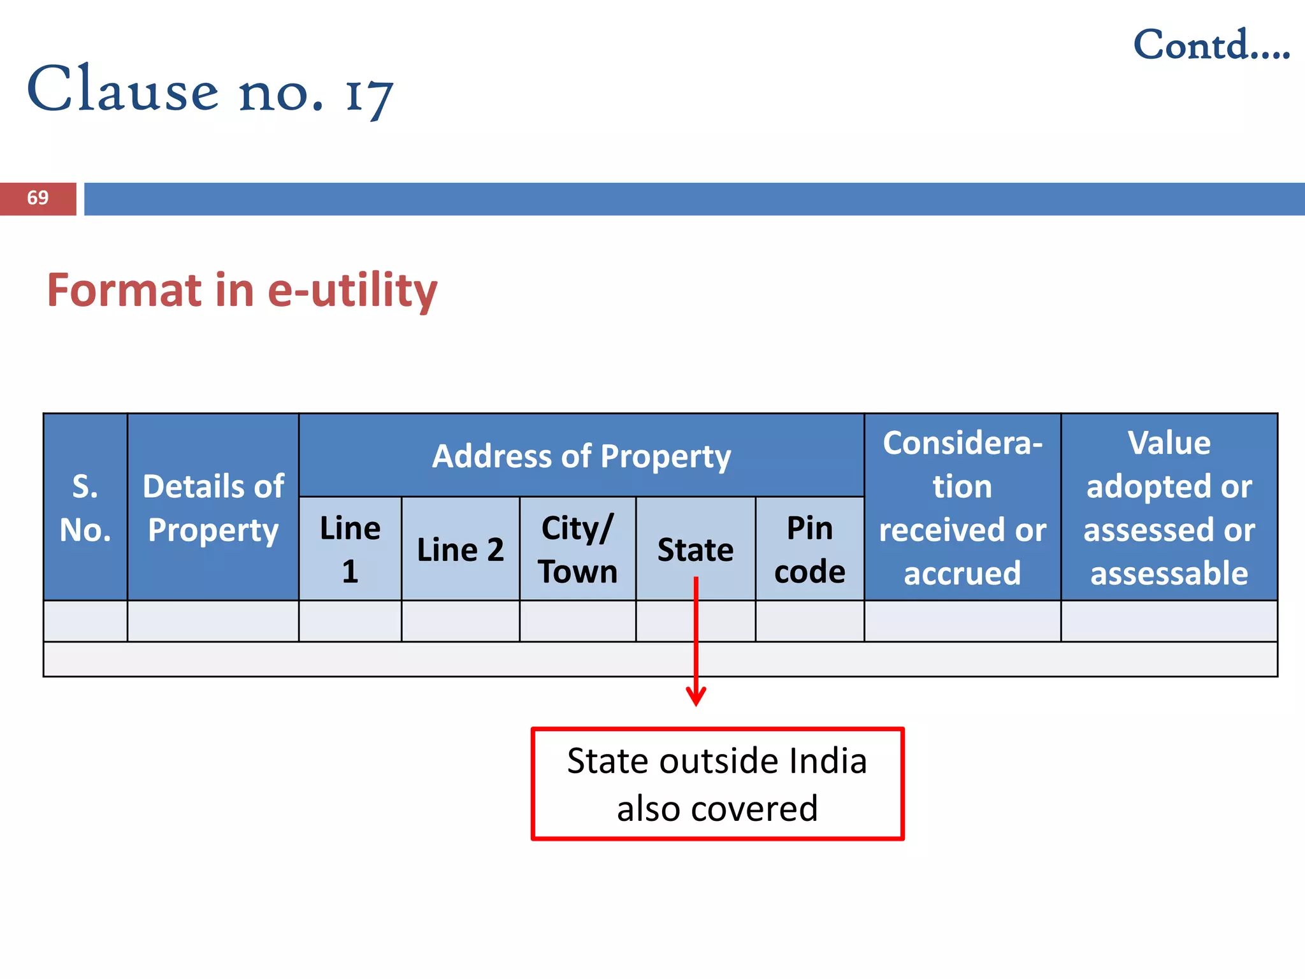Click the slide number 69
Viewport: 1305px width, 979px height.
point(38,198)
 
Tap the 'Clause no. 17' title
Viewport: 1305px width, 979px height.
point(210,91)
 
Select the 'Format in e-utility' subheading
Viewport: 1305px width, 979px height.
point(242,291)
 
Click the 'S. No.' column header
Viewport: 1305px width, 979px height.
point(85,507)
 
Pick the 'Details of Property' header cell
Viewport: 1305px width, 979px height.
point(213,507)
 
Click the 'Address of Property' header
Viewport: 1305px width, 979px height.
point(581,456)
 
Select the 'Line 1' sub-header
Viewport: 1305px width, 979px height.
point(350,549)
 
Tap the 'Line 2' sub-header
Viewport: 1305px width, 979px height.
point(460,549)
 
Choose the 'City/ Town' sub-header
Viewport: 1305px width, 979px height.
point(577,549)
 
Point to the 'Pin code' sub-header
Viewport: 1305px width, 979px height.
point(809,549)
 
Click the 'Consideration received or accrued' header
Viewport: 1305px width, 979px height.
point(962,507)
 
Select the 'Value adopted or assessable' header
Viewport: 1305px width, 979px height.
point(1169,507)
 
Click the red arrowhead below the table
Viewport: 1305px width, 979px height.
point(696,696)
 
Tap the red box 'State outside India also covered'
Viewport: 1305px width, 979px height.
point(717,784)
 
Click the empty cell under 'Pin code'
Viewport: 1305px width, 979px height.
point(809,621)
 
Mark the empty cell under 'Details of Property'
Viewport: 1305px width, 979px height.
point(213,621)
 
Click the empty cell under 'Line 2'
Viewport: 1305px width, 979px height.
point(460,621)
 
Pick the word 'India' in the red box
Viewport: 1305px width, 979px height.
point(827,761)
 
